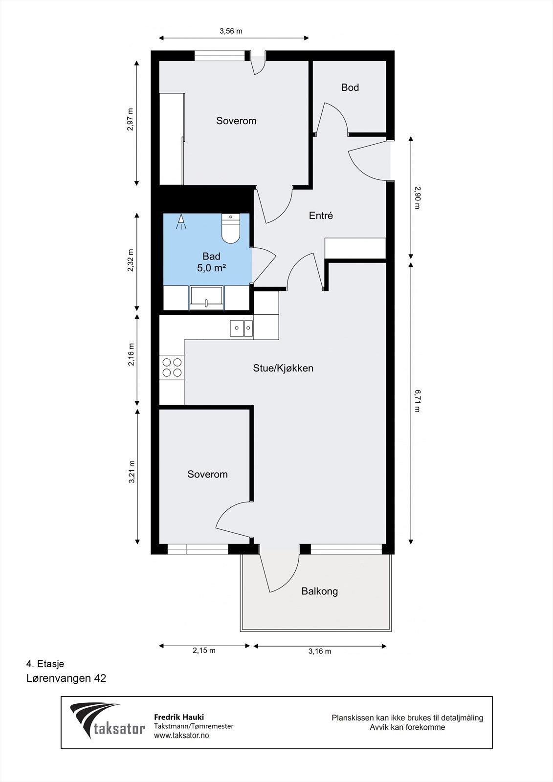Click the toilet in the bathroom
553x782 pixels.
pos(231,228)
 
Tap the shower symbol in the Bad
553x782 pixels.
pos(181,222)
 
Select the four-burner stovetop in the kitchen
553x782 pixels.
pos(172,367)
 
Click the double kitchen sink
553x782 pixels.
pos(242,328)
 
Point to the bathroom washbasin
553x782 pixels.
pos(206,298)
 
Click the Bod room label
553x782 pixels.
pos(350,87)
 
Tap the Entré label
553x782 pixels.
pos(321,216)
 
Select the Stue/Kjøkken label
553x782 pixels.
pos(283,369)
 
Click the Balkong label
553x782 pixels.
pos(320,591)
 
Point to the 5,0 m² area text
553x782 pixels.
pos(211,268)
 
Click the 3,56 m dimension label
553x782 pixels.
pos(231,31)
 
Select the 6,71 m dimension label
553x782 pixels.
pos(417,401)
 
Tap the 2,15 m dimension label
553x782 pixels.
pos(204,651)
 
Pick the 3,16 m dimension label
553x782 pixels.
pos(320,651)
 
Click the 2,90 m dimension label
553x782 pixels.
pos(417,197)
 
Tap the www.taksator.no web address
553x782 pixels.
pos(181,735)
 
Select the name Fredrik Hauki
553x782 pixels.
pos(179,717)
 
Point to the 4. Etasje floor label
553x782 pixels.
pos(45,664)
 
